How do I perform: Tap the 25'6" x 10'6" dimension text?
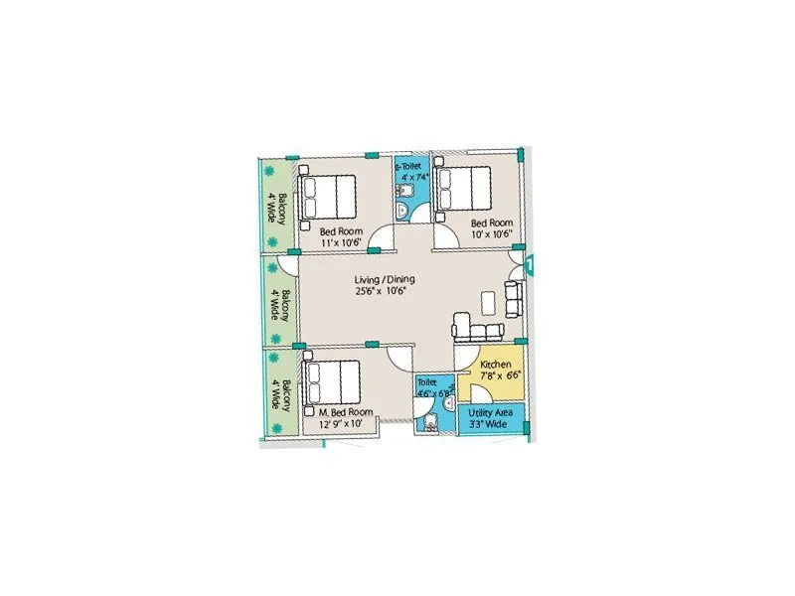[x=382, y=291]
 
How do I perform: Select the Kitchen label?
[x=495, y=365]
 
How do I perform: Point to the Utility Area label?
[x=492, y=411]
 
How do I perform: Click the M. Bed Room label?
[x=345, y=411]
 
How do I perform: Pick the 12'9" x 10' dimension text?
[x=342, y=424]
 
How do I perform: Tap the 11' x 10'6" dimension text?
[x=342, y=241]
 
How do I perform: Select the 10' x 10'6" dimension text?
[x=491, y=234]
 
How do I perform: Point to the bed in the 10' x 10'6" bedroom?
[x=463, y=188]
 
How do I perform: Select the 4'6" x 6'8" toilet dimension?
[x=433, y=393]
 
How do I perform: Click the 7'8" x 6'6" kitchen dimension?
[x=494, y=376]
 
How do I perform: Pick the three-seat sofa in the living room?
[x=477, y=328]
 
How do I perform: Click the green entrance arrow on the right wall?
[x=533, y=265]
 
